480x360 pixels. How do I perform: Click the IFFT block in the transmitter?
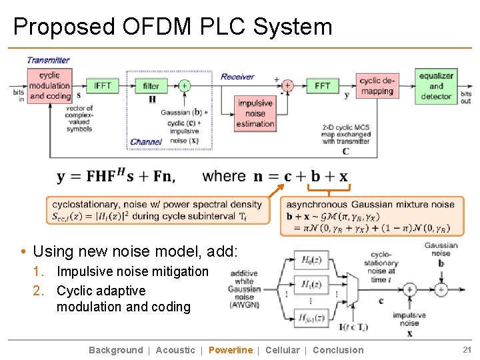[103, 85]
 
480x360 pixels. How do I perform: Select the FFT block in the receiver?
[322, 85]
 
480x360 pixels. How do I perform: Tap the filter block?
[151, 85]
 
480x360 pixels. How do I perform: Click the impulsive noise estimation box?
[255, 113]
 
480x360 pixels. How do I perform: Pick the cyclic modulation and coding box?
[49, 85]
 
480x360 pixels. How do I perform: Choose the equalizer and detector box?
[436, 86]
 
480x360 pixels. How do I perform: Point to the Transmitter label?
[48, 60]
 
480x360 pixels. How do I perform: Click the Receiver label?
[237, 77]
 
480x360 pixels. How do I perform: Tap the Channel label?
[146, 142]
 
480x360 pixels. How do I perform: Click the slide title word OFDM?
[157, 27]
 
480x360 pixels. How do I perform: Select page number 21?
[467, 350]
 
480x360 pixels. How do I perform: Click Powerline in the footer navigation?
[231, 350]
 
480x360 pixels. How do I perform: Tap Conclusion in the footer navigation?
[338, 350]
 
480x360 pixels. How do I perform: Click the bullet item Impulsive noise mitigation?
[132, 271]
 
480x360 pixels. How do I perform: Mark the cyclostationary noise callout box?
[157, 210]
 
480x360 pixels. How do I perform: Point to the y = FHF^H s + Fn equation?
[116, 176]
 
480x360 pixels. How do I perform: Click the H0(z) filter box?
[311, 260]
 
